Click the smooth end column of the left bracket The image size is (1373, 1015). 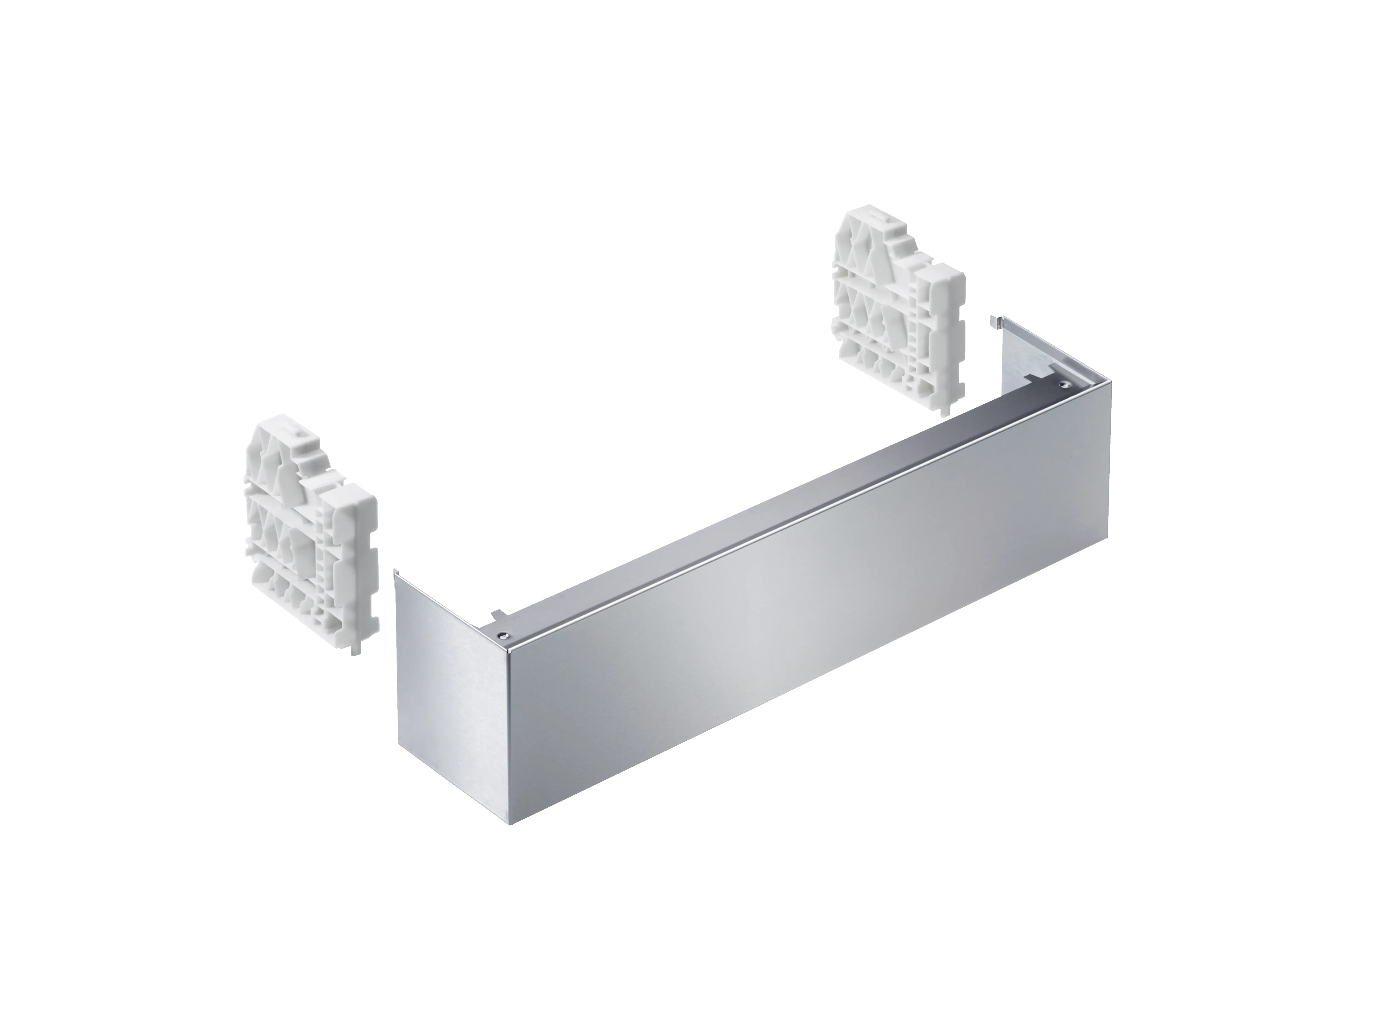[365, 553]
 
